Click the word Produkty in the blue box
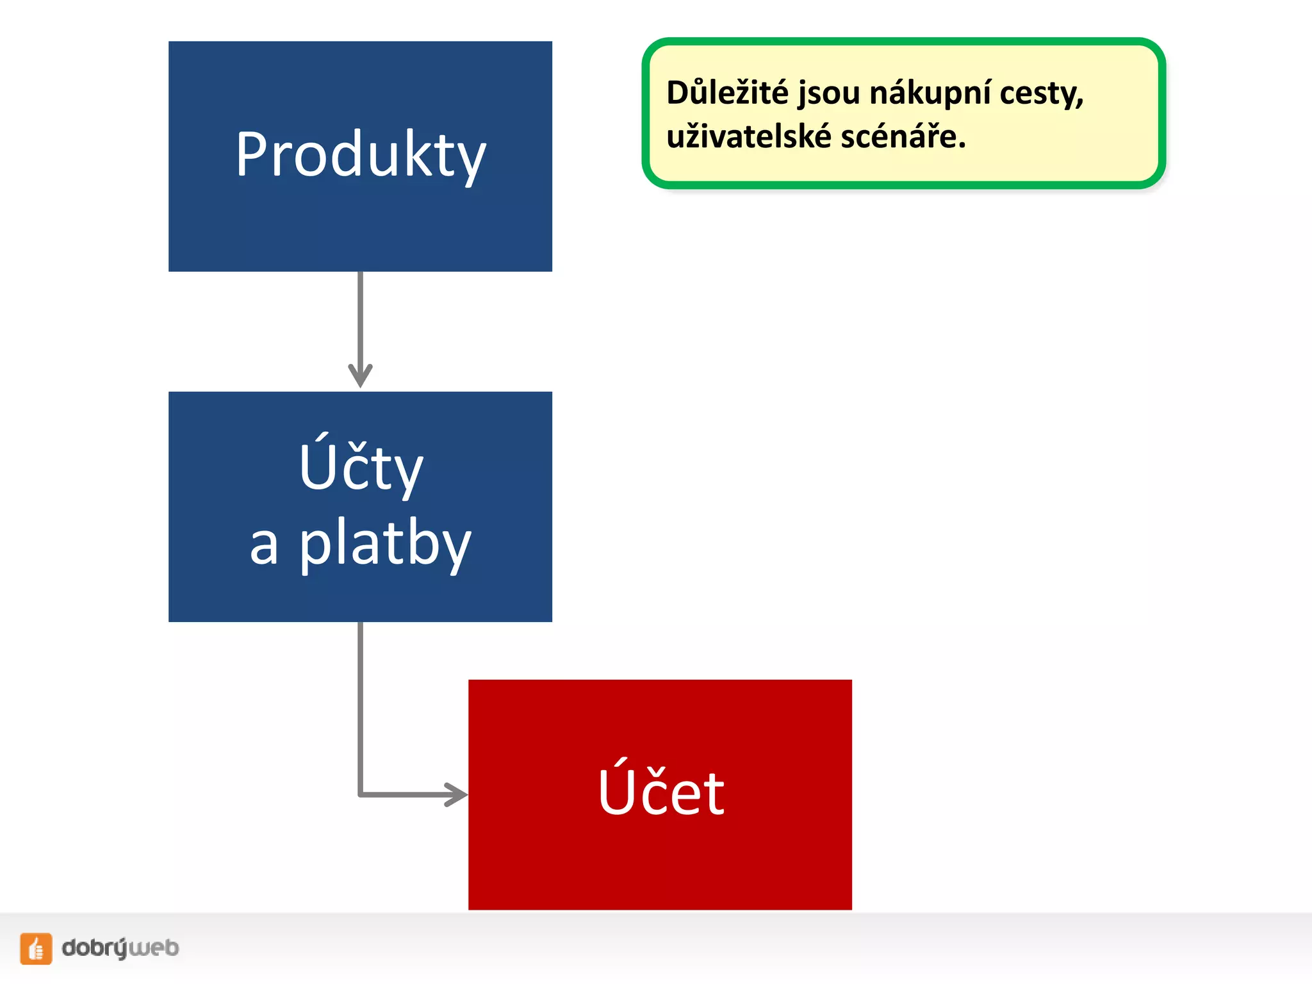(361, 154)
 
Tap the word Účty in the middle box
(361, 467)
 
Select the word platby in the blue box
(386, 543)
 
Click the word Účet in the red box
(660, 792)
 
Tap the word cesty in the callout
(1037, 94)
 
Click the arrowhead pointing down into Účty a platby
(360, 375)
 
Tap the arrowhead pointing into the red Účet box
(457, 794)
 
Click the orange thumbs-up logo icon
(36, 948)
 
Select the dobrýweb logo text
(120, 948)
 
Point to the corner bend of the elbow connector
(361, 794)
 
